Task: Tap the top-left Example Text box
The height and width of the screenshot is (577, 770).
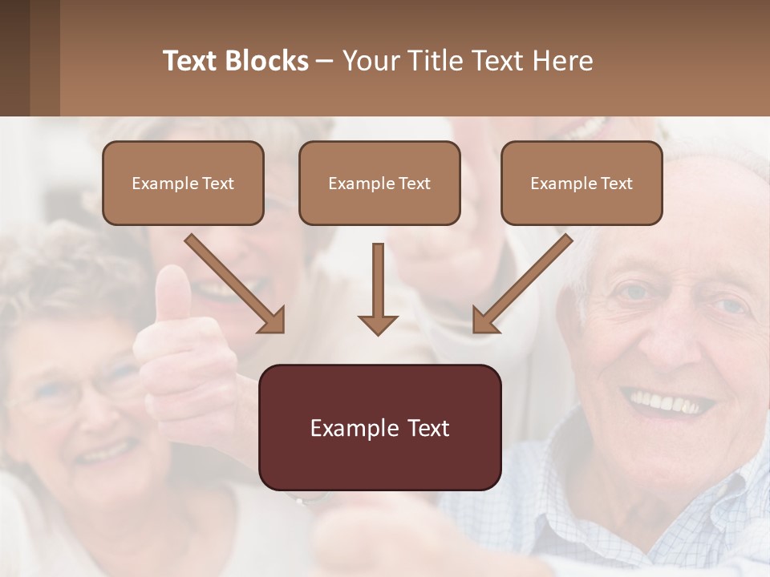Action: click(183, 183)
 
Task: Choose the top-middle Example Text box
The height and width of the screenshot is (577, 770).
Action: click(379, 183)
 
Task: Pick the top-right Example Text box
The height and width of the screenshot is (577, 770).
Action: click(582, 183)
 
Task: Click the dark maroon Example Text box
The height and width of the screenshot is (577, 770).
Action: click(379, 428)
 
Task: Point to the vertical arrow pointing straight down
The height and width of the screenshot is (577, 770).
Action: click(378, 288)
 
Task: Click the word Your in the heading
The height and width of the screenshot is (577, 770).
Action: click(368, 61)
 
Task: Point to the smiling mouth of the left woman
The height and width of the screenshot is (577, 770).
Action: click(104, 453)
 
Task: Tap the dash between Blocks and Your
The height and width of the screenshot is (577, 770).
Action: click(326, 61)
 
